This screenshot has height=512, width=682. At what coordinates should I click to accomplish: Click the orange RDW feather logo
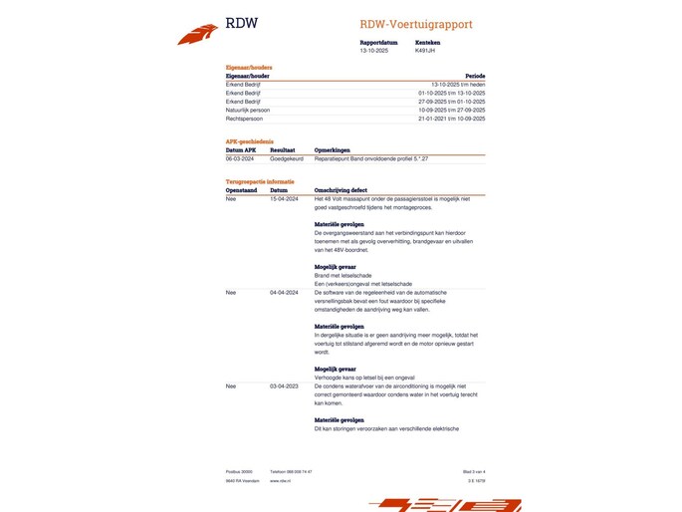click(x=197, y=35)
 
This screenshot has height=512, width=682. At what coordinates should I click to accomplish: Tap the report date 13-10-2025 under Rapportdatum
click(x=374, y=50)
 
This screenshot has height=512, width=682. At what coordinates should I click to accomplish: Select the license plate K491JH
click(x=425, y=50)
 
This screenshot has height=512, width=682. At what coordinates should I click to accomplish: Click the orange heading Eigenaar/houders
click(x=249, y=68)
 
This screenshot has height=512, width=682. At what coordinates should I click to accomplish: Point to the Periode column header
click(x=475, y=76)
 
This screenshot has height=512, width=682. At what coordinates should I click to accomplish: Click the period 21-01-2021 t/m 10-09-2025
click(x=451, y=118)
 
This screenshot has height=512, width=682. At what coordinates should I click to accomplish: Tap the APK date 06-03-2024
click(x=240, y=158)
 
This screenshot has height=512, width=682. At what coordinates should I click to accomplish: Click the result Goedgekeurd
click(x=286, y=158)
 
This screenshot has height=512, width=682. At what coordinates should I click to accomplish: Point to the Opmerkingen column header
click(x=334, y=149)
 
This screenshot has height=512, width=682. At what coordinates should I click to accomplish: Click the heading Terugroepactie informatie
click(x=260, y=181)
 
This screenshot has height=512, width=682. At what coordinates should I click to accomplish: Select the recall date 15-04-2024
click(x=285, y=198)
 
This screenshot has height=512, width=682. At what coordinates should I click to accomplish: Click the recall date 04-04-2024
click(x=285, y=292)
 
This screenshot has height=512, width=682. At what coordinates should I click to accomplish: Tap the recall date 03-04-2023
click(x=285, y=384)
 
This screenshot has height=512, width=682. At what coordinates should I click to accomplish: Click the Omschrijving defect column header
click(x=343, y=189)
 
